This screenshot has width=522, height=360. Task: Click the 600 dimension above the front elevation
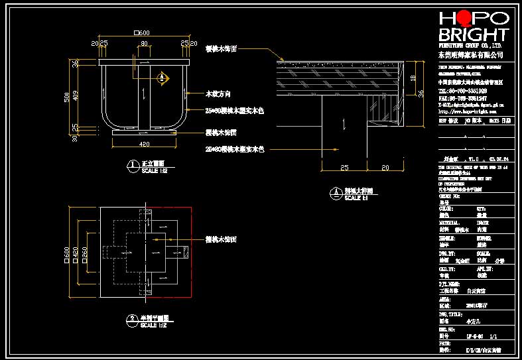(x=143, y=32)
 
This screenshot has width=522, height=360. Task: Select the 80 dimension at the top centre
(x=143, y=44)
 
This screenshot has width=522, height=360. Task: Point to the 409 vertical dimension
(x=76, y=96)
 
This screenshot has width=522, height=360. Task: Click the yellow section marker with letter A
(x=161, y=78)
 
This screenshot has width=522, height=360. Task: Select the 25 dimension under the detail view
(x=344, y=168)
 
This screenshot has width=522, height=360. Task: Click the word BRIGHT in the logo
(x=474, y=34)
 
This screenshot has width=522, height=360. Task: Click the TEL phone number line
(x=462, y=91)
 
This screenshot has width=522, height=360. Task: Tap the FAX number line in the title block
(x=462, y=98)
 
